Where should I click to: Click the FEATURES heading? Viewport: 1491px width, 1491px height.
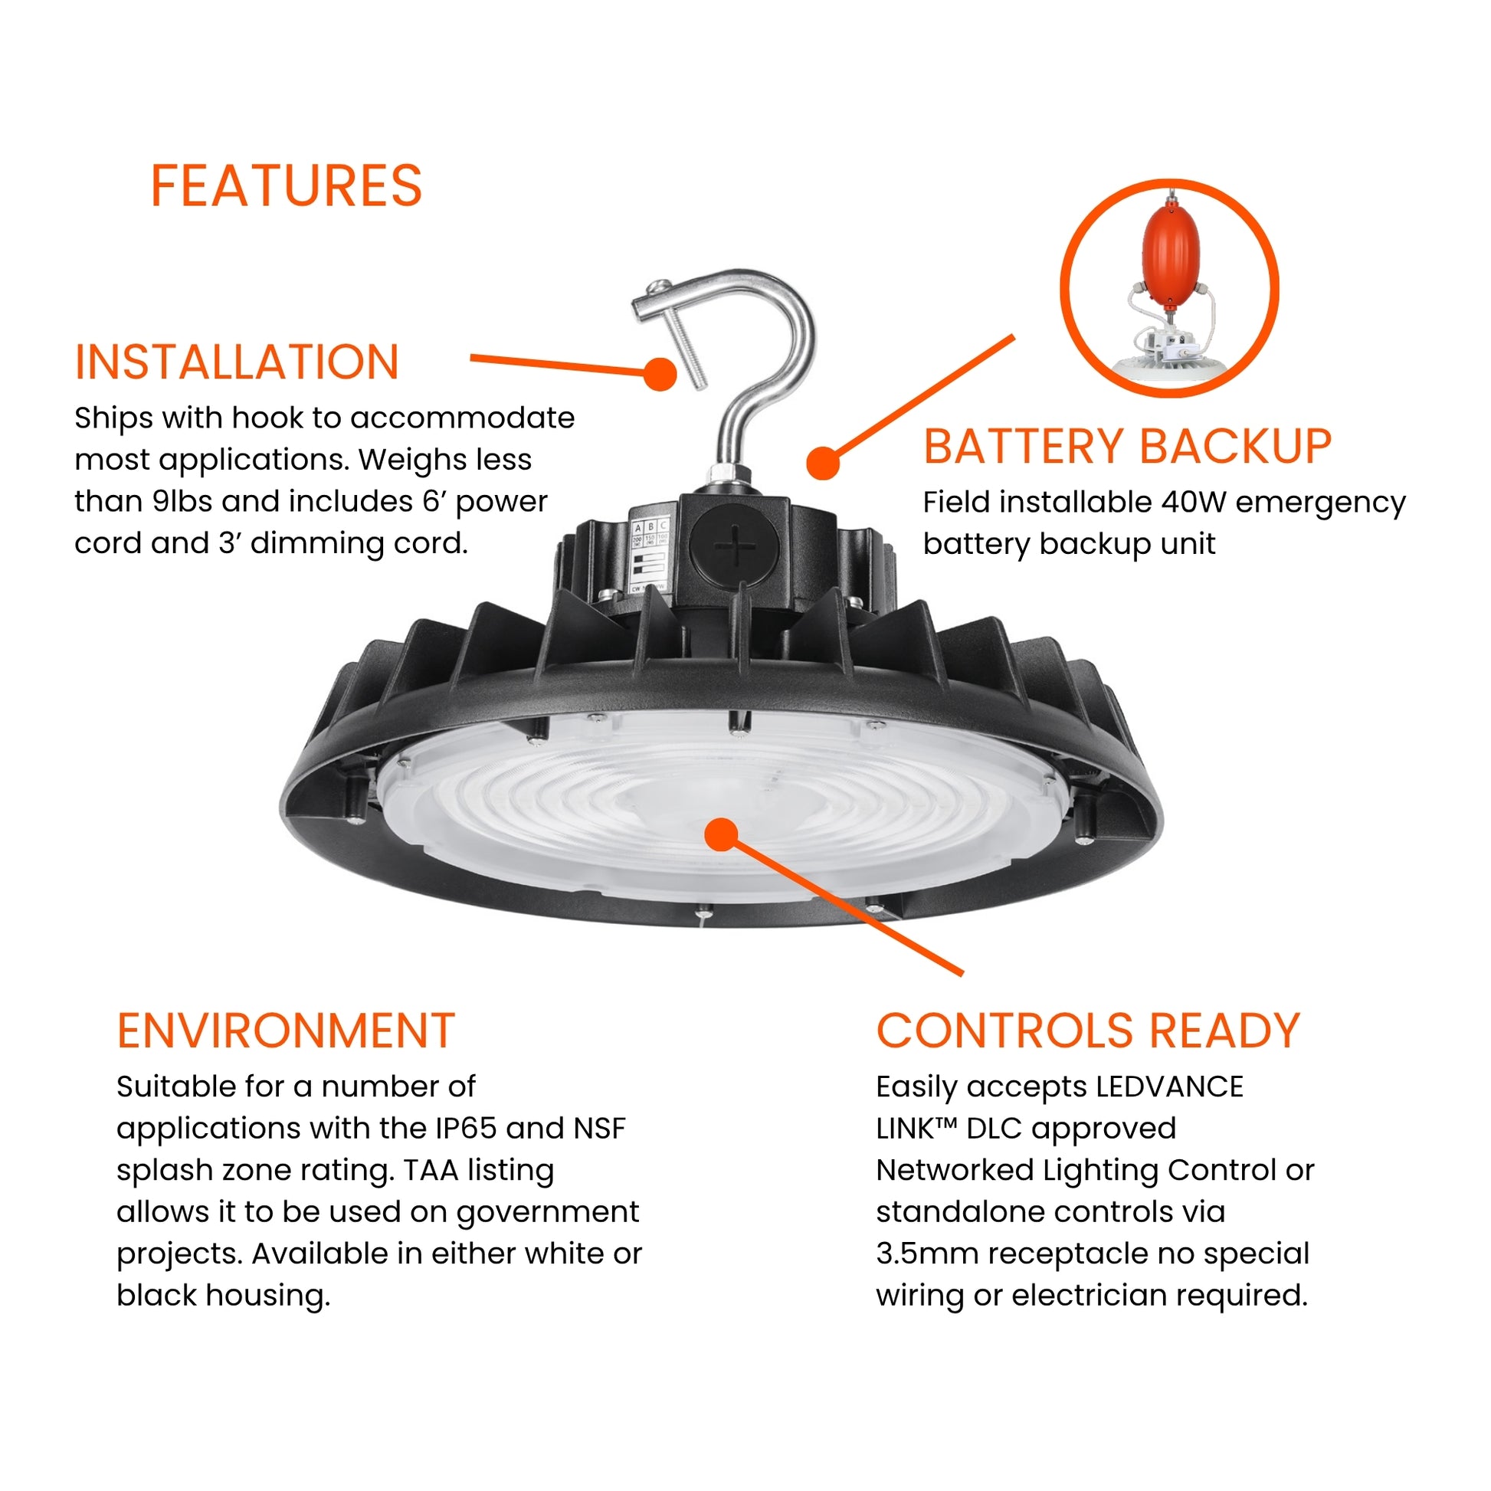[286, 186]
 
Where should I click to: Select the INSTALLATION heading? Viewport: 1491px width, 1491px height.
[236, 362]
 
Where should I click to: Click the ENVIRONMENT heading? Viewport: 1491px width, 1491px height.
[286, 1031]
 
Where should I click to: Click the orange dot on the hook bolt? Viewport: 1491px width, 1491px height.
[660, 374]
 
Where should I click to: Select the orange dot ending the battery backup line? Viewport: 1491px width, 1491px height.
[823, 463]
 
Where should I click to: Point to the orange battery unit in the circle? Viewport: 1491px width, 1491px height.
[1171, 254]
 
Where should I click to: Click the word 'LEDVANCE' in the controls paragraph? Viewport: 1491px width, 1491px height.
[1169, 1086]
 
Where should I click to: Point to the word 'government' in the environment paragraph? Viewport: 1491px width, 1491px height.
[547, 1212]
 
